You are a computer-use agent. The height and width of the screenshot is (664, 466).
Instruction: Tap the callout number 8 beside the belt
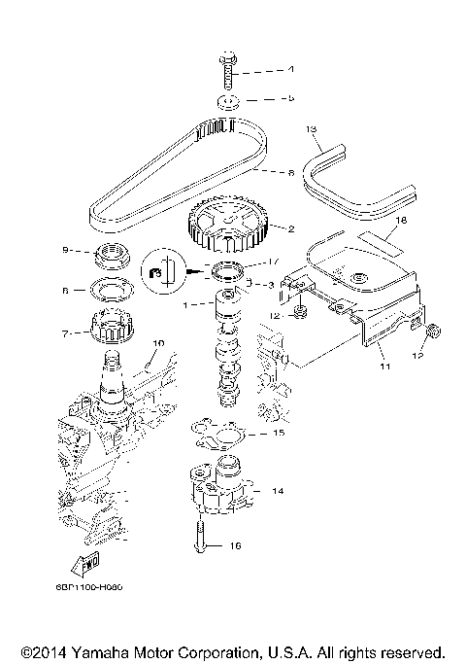[289, 174]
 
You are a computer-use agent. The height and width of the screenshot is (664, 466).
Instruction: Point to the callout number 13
[312, 128]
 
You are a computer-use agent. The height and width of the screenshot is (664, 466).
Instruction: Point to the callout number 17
[273, 260]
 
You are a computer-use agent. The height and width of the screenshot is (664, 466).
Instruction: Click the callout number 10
[159, 341]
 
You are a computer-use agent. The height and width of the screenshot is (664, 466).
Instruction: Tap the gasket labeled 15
[222, 433]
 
